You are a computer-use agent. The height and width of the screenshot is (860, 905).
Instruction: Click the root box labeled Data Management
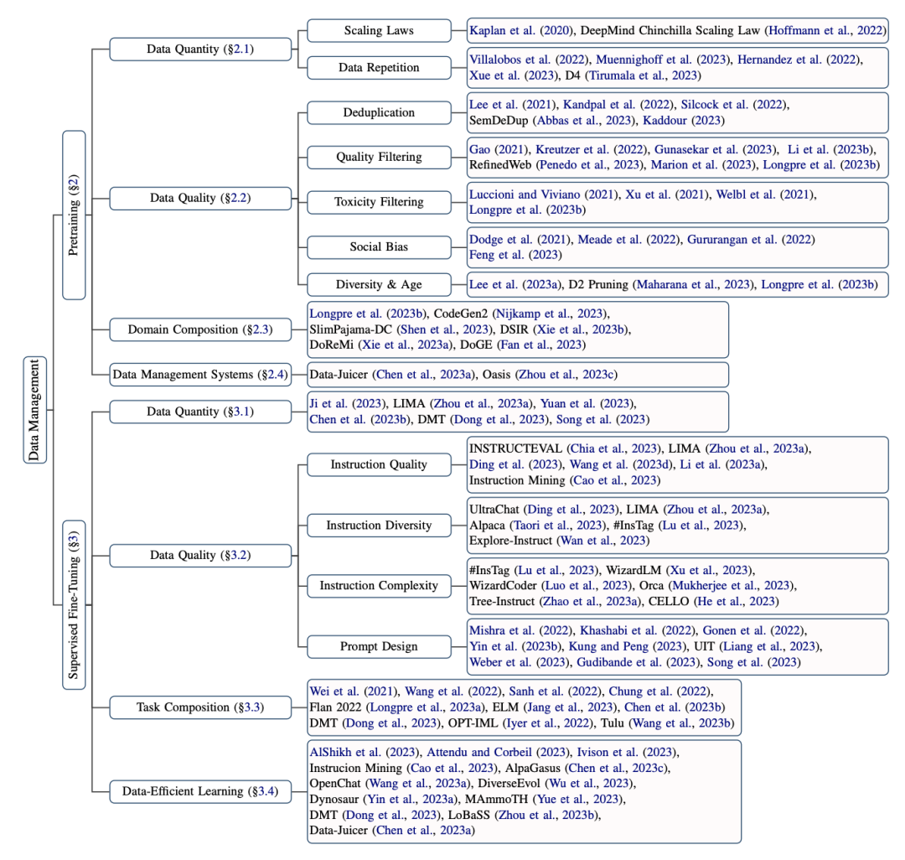35,409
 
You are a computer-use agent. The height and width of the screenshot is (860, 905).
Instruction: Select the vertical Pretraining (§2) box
74,215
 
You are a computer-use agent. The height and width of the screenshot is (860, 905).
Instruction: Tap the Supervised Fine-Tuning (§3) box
74,604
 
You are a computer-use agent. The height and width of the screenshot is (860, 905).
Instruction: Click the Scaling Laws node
379,31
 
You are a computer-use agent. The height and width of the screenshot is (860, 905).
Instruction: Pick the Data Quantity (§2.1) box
200,49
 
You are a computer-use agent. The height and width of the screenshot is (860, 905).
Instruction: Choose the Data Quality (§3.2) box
200,555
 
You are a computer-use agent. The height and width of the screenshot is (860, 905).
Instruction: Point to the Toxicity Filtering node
379,202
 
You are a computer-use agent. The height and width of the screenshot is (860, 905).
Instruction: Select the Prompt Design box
379,646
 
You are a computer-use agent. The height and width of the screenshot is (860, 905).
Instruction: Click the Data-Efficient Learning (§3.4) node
200,790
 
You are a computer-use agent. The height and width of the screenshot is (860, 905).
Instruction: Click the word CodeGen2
463,313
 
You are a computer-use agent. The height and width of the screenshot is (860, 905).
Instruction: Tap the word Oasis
533,374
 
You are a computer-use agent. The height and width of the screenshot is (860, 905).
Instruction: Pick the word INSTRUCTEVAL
516,448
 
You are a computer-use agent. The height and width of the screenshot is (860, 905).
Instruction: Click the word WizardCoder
507,585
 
